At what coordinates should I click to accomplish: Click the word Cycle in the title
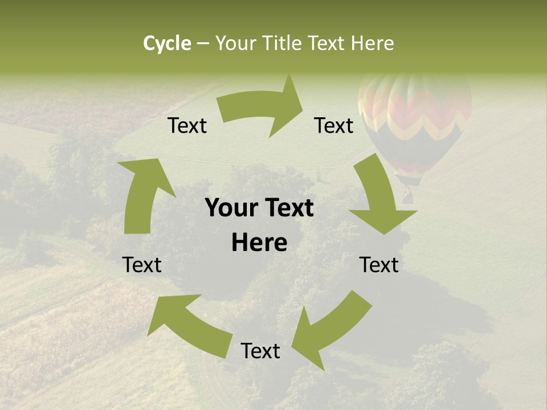pos(167,43)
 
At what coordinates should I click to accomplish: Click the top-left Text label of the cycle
pos(187,126)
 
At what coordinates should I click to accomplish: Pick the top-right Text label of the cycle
pos(334,126)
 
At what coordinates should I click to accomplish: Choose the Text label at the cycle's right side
pos(379,265)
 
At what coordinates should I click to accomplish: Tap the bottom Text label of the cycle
pos(260,351)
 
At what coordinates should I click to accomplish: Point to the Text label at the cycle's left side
pos(142,265)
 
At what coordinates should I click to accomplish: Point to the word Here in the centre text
pos(259,243)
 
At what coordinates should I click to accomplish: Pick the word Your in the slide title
pos(235,43)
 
